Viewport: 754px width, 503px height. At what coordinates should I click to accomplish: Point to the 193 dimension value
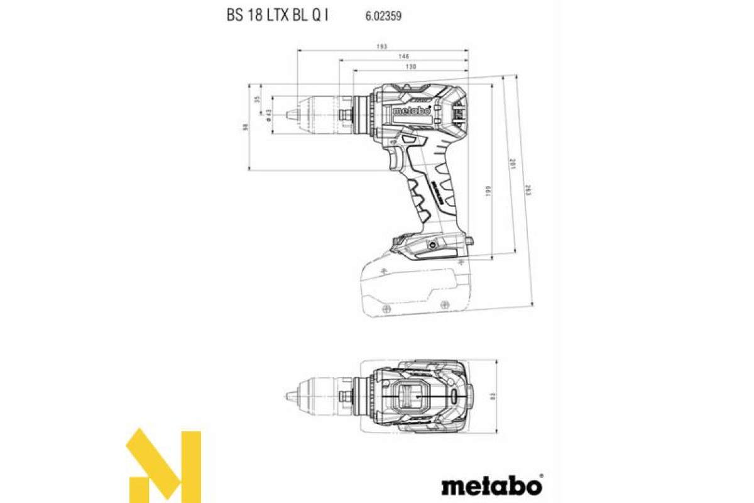point(382,47)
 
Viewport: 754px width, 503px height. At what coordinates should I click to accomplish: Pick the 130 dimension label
point(411,67)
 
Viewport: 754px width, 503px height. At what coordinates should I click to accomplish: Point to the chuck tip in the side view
point(290,114)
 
